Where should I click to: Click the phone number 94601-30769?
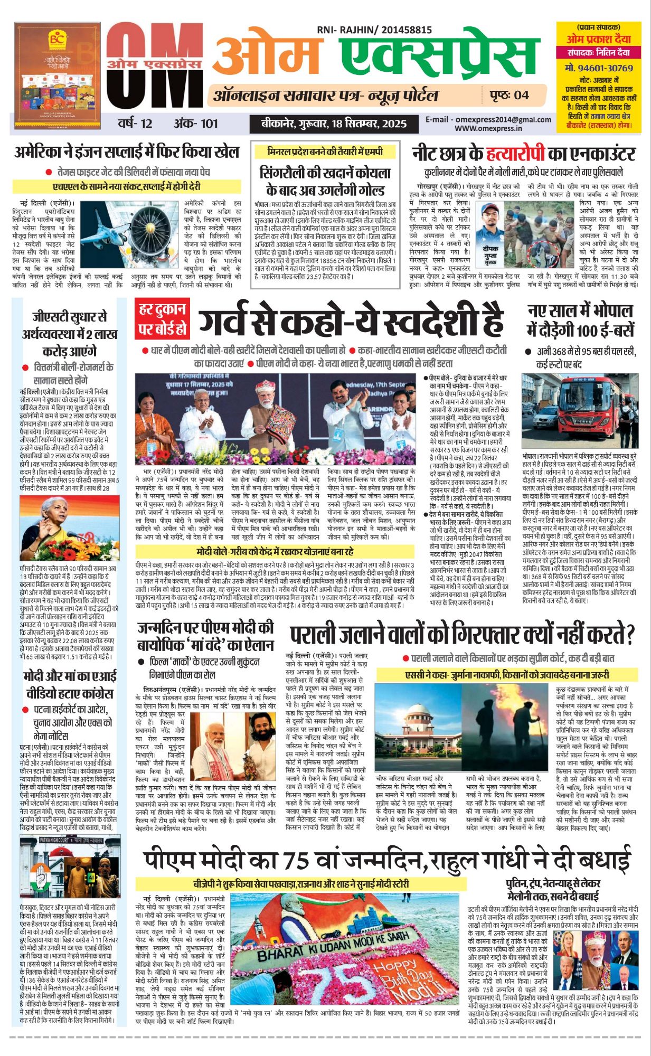click(598, 68)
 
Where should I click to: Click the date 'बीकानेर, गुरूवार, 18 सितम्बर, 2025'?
click(334, 124)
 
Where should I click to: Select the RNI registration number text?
click(374, 31)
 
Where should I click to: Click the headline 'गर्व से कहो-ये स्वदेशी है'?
click(350, 319)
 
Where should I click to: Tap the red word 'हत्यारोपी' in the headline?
click(514, 153)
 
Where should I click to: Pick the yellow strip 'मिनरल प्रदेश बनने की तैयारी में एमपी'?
click(325, 152)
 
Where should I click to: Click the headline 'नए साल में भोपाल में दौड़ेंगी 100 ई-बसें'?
click(581, 320)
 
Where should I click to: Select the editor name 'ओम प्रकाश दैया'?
click(598, 39)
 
